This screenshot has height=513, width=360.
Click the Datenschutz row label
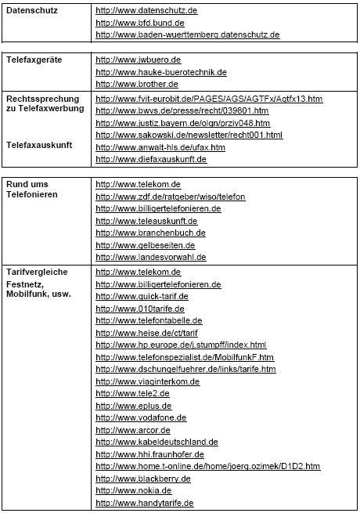coord(31,11)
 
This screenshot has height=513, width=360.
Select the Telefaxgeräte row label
coord(35,60)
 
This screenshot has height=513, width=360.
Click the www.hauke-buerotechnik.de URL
coord(160,72)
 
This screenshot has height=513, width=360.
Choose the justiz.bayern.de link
coord(182,123)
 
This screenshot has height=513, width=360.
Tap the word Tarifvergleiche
coord(37,272)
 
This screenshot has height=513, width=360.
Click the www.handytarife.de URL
coord(144,503)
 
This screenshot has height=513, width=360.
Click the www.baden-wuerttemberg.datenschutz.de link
coord(187,35)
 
